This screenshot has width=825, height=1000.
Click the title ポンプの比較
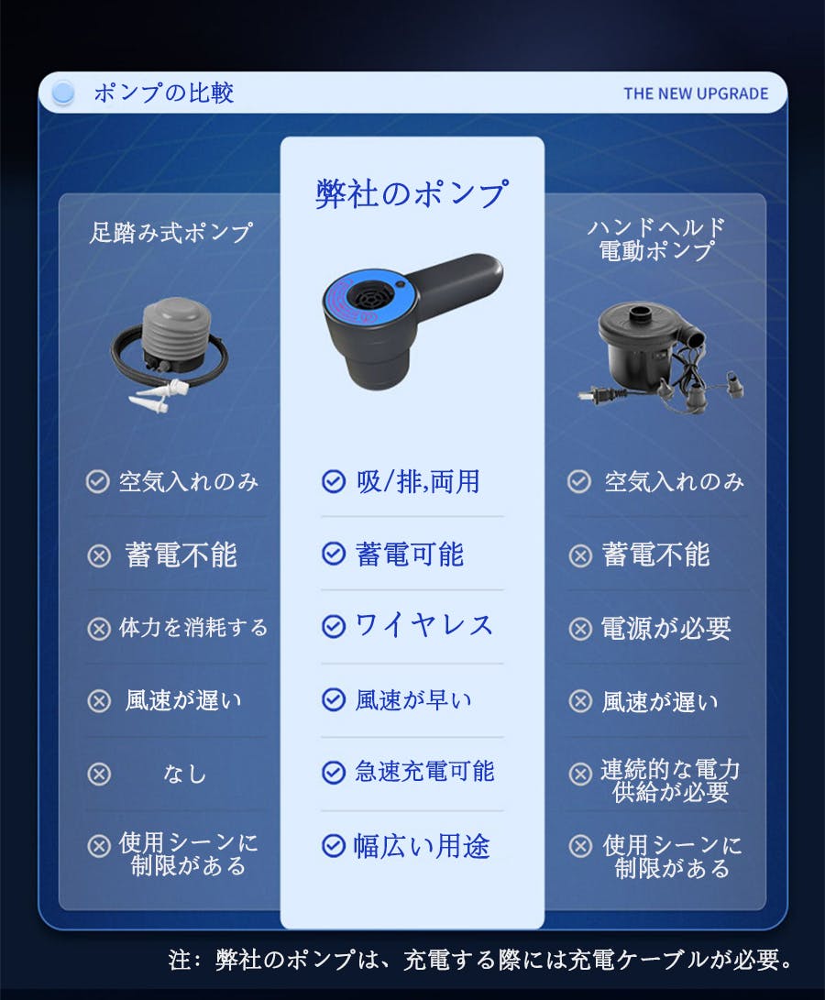(163, 93)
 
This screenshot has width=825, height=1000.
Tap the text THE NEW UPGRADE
(696, 93)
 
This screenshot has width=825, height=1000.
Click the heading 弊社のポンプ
(412, 193)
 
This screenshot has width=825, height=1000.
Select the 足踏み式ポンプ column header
(170, 232)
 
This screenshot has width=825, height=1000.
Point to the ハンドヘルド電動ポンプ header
(656, 239)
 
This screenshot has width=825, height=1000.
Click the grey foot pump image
(169, 354)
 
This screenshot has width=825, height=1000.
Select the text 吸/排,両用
(418, 481)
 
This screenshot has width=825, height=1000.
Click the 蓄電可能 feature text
(409, 555)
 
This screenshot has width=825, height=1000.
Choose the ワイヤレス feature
(423, 625)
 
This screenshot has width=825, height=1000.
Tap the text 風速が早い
(413, 699)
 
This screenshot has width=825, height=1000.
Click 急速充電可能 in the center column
(424, 772)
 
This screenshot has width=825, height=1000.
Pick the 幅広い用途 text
(422, 846)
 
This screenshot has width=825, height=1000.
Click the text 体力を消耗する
(193, 628)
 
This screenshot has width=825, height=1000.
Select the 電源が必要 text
(665, 629)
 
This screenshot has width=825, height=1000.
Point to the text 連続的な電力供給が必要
(670, 781)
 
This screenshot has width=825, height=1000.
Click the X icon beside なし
(99, 775)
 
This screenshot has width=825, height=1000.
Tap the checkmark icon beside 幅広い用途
(333, 846)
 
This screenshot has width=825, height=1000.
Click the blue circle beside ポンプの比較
(63, 93)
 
